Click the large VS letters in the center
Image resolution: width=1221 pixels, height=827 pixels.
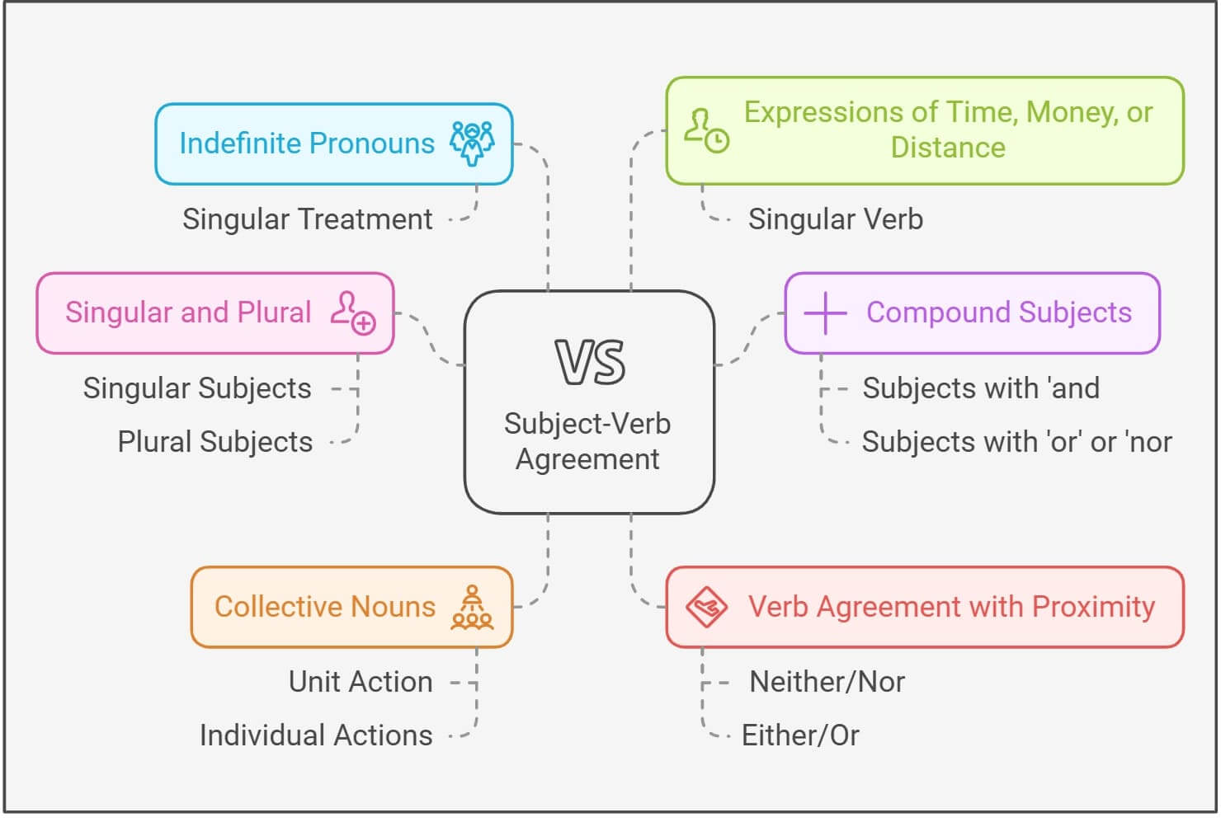click(x=590, y=363)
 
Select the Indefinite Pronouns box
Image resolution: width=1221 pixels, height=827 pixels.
click(x=333, y=144)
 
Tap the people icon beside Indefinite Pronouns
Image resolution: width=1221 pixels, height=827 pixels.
click(x=472, y=143)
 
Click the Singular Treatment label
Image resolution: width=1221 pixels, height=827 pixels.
click(x=307, y=219)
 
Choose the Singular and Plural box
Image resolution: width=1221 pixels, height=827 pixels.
click(x=214, y=312)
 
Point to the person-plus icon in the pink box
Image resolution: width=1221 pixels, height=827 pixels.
click(x=353, y=312)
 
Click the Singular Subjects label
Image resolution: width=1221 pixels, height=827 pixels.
click(x=197, y=388)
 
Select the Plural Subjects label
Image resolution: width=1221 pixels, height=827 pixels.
click(x=214, y=442)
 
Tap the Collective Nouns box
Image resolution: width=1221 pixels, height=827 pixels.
click(x=351, y=607)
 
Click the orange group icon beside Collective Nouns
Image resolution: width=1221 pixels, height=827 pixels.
click(x=472, y=608)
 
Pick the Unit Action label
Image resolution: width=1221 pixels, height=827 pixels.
click(x=361, y=682)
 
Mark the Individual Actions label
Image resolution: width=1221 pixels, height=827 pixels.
click(x=316, y=735)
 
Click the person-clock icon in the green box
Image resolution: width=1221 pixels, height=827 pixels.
click(x=706, y=130)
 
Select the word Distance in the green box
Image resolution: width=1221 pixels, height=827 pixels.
click(x=948, y=148)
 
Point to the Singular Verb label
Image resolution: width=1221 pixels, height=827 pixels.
click(x=835, y=219)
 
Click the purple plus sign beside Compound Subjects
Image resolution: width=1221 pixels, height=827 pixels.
click(x=825, y=312)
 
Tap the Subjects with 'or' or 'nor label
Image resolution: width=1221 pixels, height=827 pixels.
click(x=1016, y=442)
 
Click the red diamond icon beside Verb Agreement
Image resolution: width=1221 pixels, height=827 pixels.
click(x=706, y=608)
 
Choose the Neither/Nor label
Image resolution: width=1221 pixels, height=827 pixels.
click(x=827, y=682)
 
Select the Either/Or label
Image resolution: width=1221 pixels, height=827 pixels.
click(x=800, y=735)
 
